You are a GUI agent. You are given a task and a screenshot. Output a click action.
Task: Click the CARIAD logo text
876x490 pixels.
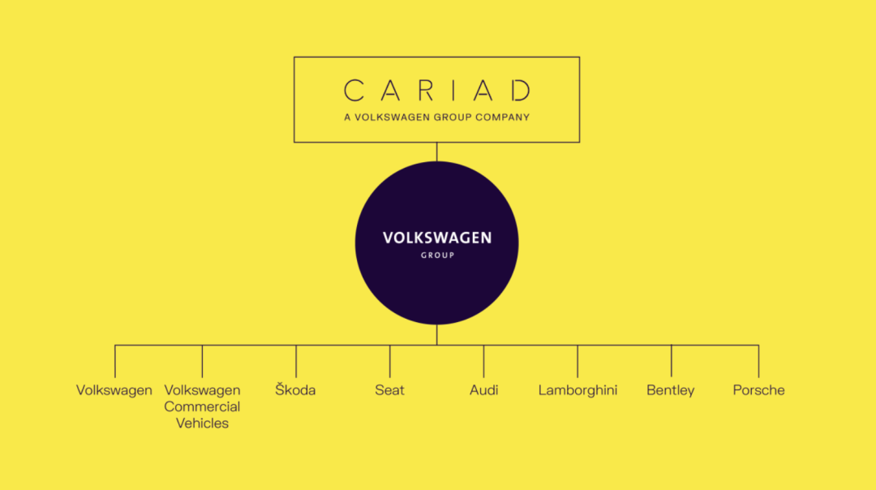coord(437,91)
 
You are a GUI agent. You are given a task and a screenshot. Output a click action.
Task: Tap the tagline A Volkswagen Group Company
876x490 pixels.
coord(437,118)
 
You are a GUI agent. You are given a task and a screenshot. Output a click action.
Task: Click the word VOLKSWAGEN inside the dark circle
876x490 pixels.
coord(437,238)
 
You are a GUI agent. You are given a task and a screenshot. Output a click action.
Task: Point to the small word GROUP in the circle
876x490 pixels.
coord(437,256)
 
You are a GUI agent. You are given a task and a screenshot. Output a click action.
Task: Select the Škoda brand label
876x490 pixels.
coord(295,389)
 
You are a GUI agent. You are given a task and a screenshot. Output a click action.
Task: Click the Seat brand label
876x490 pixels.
coord(389,390)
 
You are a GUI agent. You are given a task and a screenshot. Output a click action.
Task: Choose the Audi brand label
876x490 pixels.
coord(483,390)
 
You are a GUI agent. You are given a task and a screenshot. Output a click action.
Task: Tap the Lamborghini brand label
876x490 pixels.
coord(578,390)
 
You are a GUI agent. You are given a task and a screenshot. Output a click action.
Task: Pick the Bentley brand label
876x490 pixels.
coord(671,390)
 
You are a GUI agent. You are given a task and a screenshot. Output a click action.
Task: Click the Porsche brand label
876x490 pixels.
coord(758,390)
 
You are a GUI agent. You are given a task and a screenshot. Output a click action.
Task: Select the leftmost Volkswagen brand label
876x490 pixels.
coord(114,390)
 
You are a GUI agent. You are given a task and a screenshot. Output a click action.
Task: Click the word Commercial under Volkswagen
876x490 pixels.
coord(202,406)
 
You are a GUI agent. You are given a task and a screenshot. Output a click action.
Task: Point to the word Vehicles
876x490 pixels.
coord(202,423)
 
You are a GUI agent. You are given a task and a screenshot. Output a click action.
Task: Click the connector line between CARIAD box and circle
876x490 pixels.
coord(437,152)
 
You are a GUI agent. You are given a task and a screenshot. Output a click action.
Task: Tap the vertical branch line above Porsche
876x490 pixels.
coord(758,362)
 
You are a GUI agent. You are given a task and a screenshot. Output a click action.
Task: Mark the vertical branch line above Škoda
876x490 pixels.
coord(296,362)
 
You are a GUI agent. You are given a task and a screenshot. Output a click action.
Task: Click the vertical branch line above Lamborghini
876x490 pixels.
coord(578,362)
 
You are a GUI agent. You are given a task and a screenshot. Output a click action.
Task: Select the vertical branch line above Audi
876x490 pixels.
coord(483,362)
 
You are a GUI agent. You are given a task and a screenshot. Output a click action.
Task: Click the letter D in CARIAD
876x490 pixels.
coord(522,91)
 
